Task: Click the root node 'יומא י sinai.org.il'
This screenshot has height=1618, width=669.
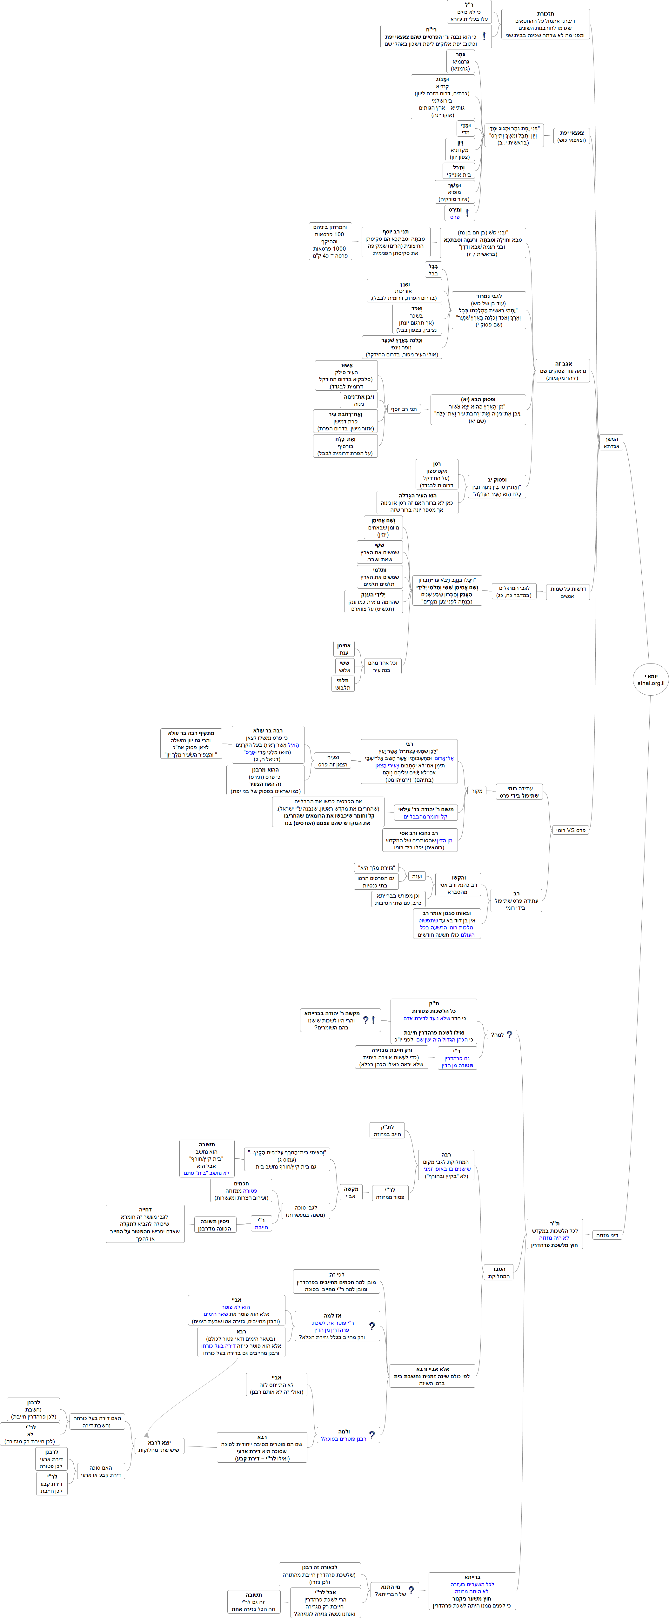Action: tap(650, 679)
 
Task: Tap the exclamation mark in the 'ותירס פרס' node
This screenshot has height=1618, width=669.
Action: tap(467, 213)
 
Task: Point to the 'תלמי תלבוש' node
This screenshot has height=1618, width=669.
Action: tap(342, 684)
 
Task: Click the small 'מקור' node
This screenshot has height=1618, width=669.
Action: tap(477, 791)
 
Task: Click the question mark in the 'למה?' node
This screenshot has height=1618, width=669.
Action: tap(509, 1034)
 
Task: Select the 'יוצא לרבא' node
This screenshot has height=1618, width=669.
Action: tap(160, 1446)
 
